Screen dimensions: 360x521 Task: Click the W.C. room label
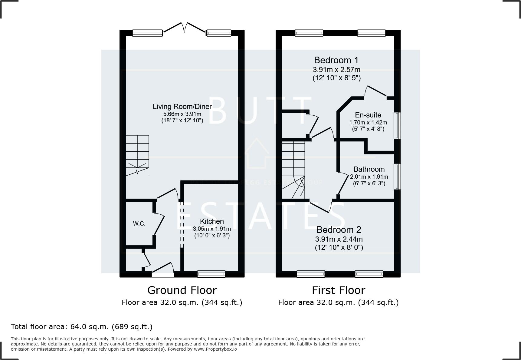click(139, 224)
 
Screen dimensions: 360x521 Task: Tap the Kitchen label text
click(212, 221)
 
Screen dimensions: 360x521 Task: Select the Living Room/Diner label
click(182, 107)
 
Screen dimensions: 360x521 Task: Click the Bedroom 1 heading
click(336, 60)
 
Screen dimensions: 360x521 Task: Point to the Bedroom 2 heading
click(339, 230)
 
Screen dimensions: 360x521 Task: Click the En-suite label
click(368, 115)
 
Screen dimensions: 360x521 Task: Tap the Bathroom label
click(369, 169)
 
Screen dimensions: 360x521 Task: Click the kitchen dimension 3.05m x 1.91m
click(212, 229)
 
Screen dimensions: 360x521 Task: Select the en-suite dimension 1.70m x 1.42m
click(368, 123)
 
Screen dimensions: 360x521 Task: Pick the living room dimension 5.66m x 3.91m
click(182, 114)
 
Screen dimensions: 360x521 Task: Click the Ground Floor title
click(182, 290)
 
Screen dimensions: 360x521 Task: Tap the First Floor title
click(338, 290)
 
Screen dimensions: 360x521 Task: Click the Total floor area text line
click(81, 327)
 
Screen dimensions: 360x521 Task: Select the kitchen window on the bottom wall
click(211, 274)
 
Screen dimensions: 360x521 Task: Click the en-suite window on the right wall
click(397, 126)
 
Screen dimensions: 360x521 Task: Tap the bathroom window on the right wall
click(397, 177)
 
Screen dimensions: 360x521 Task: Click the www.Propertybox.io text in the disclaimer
click(215, 349)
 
